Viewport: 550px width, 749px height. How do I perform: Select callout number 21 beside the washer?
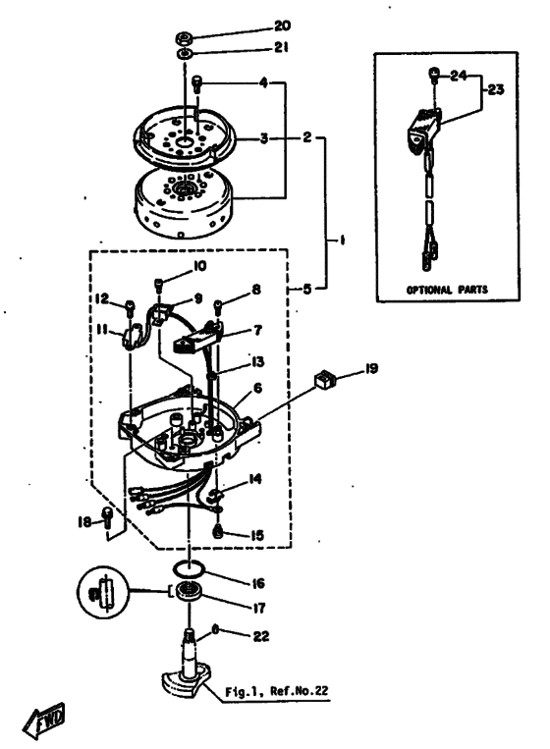281,47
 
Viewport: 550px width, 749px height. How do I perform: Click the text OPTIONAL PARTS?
447,290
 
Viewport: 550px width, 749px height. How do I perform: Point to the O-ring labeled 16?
189,569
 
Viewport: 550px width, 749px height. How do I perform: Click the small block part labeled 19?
324,380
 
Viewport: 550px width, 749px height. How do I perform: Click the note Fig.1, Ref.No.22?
277,691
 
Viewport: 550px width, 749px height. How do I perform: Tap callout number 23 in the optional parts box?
496,89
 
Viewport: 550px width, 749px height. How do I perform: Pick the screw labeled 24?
433,74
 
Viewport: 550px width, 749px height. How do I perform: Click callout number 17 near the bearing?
258,608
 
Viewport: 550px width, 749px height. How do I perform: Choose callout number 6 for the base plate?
258,388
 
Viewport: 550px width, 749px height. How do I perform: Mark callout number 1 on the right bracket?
342,241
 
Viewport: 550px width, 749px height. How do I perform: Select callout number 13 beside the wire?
257,362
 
